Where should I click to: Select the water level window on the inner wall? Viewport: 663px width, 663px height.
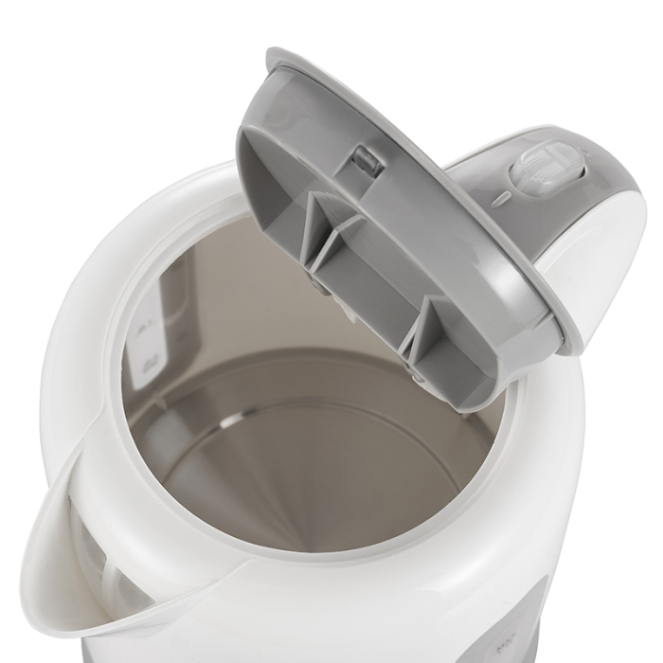click(156, 313)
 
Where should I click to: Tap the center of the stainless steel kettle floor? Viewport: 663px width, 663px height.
click(313, 455)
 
